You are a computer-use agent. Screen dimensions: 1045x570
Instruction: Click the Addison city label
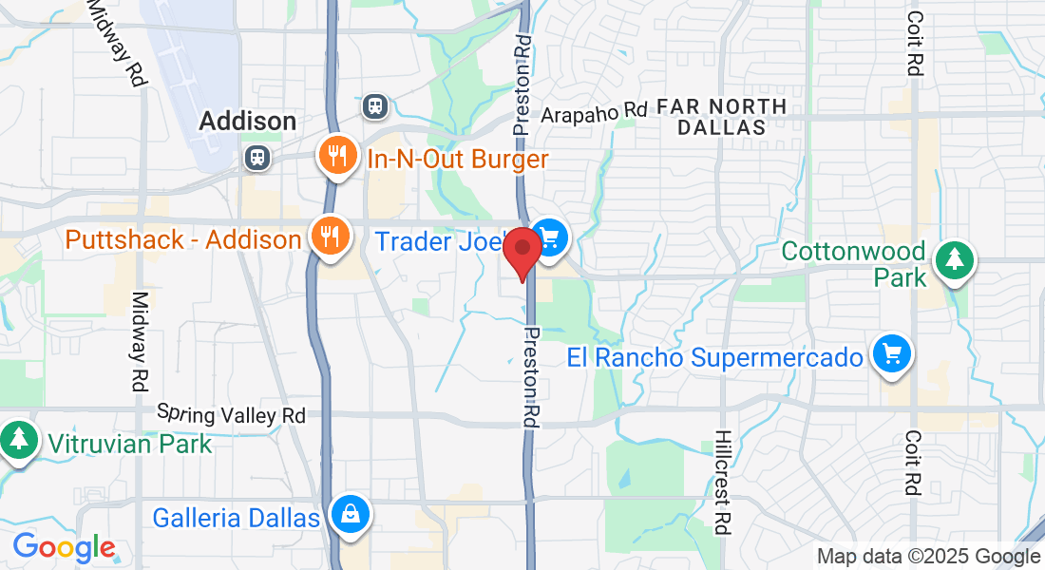coord(247,122)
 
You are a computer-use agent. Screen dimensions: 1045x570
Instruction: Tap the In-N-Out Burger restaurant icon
coord(337,157)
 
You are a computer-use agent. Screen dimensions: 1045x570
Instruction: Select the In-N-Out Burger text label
coord(458,159)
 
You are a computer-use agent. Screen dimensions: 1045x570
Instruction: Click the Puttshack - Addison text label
coord(182,239)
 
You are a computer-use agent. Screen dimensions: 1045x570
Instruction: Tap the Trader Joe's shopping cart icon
coord(548,237)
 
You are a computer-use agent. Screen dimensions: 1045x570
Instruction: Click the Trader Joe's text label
coord(437,241)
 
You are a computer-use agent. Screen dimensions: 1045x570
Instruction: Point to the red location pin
coord(522,252)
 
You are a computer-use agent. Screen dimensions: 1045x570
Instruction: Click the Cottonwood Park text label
coord(853,264)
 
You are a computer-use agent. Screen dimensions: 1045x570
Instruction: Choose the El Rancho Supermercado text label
coord(715,358)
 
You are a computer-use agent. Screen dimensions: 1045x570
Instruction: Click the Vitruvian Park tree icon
coord(18,440)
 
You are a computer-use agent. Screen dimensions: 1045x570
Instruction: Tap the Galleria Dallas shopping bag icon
coord(351,516)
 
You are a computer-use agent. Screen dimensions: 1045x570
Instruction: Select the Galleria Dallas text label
coord(237,519)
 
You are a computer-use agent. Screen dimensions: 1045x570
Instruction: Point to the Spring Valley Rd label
coord(231,414)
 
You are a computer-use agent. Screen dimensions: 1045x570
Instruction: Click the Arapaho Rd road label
coord(595,114)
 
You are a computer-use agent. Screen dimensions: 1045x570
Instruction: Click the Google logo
coord(64,548)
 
